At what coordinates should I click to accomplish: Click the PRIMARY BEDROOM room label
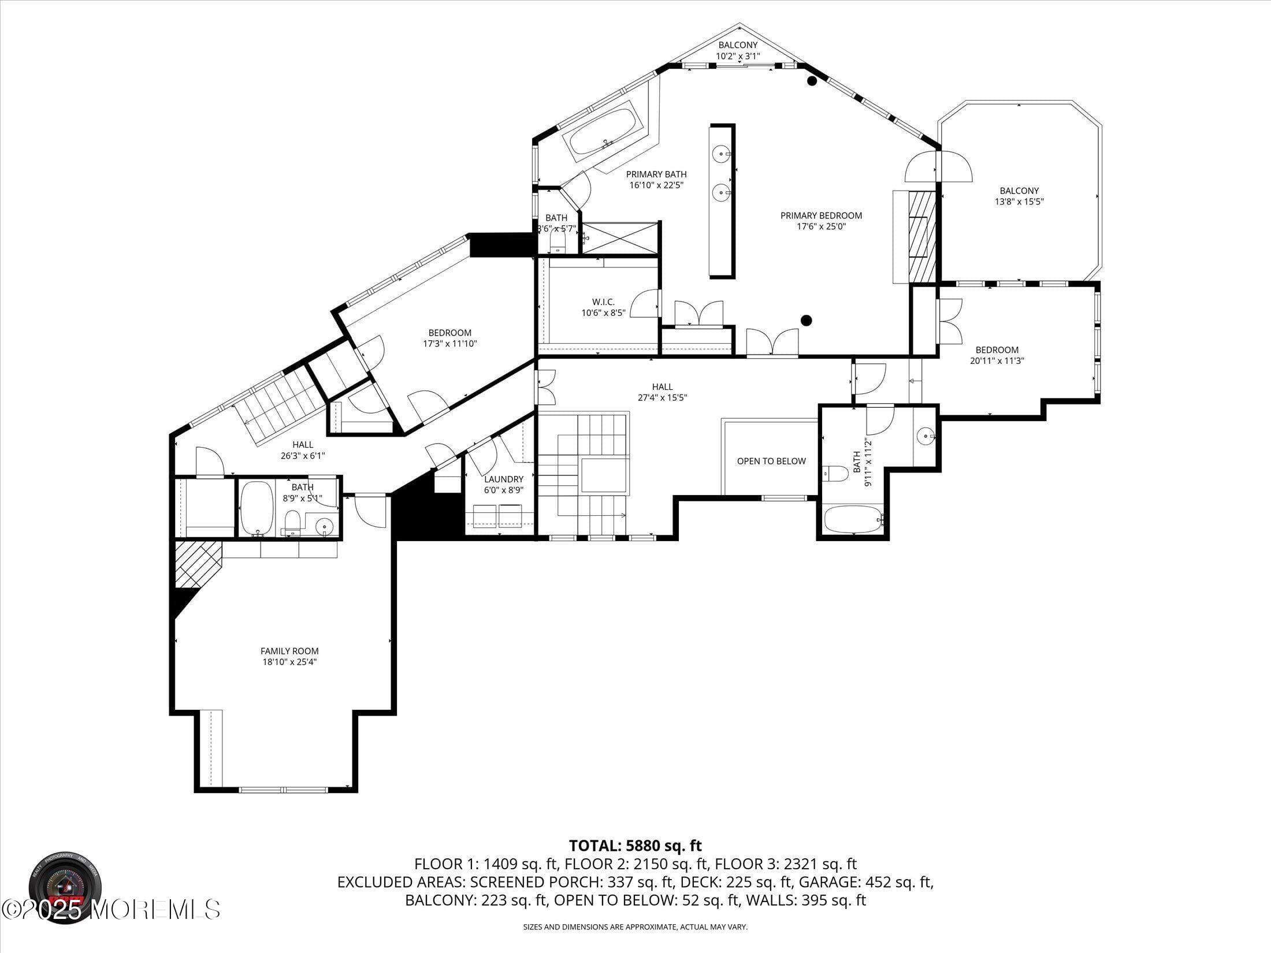820,215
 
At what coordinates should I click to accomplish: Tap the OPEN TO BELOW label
771,461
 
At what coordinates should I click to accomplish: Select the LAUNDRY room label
503,479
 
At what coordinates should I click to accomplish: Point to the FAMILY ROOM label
289,651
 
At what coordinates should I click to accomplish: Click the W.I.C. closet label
603,301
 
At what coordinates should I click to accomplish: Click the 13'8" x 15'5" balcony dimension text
1019,202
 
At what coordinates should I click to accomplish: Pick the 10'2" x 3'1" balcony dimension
738,56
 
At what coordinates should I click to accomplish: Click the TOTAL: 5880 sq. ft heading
635,846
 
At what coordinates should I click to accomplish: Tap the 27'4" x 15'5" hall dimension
662,397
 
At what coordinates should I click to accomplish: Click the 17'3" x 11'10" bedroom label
449,343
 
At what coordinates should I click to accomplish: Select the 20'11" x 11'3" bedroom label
997,360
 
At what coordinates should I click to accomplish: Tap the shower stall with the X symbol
620,237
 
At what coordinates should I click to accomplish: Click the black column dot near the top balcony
812,81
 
